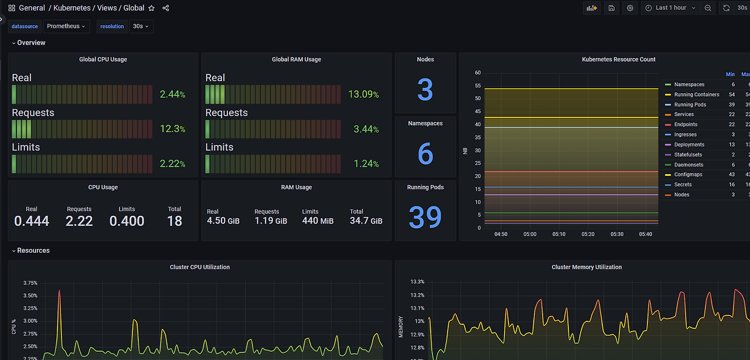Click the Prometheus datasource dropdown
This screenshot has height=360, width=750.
(66, 26)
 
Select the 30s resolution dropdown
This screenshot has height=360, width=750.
(141, 26)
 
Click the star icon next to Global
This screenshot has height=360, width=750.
(152, 8)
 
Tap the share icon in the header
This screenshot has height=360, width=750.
(166, 8)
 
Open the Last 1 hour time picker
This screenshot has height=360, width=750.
(670, 8)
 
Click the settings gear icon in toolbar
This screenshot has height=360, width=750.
(630, 8)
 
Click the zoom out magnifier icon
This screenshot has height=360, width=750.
(708, 8)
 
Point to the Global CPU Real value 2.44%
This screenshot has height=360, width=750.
(172, 94)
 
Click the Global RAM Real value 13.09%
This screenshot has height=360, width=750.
(363, 94)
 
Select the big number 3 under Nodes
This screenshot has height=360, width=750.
(425, 90)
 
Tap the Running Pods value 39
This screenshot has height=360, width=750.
(425, 217)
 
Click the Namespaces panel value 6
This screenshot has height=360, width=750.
(425, 154)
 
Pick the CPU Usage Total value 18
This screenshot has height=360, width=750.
(175, 221)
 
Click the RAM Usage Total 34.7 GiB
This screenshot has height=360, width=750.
(366, 221)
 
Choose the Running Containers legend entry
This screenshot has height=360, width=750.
(696, 94)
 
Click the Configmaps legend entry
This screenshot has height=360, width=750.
(688, 175)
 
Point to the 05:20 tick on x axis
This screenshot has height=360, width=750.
(588, 235)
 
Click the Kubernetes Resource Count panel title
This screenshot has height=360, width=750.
(618, 59)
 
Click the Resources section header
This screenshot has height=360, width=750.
(33, 250)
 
